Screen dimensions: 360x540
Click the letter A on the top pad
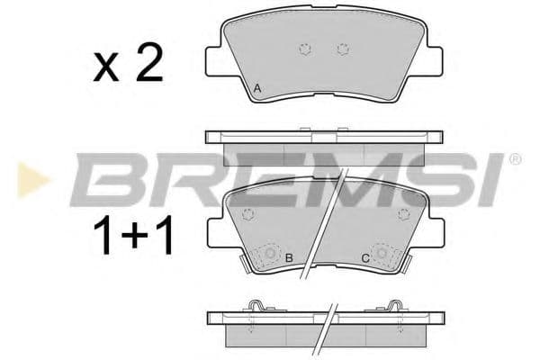pyautogui.click(x=258, y=87)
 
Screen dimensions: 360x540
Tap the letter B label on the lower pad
pyautogui.click(x=289, y=259)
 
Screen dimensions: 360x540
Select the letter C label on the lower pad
pyautogui.click(x=364, y=259)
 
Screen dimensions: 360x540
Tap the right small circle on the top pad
pyautogui.click(x=341, y=49)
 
